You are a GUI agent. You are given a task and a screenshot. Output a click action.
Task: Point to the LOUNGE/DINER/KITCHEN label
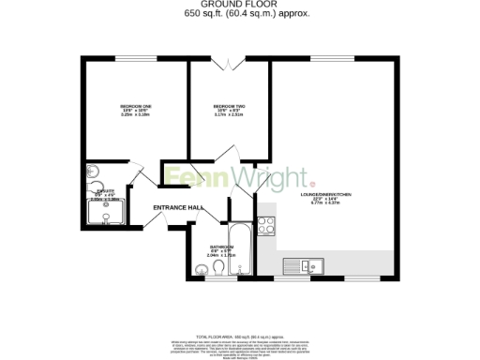(x=324, y=194)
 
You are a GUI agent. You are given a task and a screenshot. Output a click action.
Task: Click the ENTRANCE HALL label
(x=178, y=207)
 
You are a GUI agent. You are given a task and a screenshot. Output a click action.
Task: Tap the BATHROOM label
(x=221, y=247)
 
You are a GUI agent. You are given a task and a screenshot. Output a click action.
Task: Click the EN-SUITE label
(x=105, y=191)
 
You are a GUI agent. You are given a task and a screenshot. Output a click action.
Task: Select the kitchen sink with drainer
(x=306, y=266)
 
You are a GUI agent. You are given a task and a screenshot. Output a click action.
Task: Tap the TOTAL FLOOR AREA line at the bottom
(x=239, y=335)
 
